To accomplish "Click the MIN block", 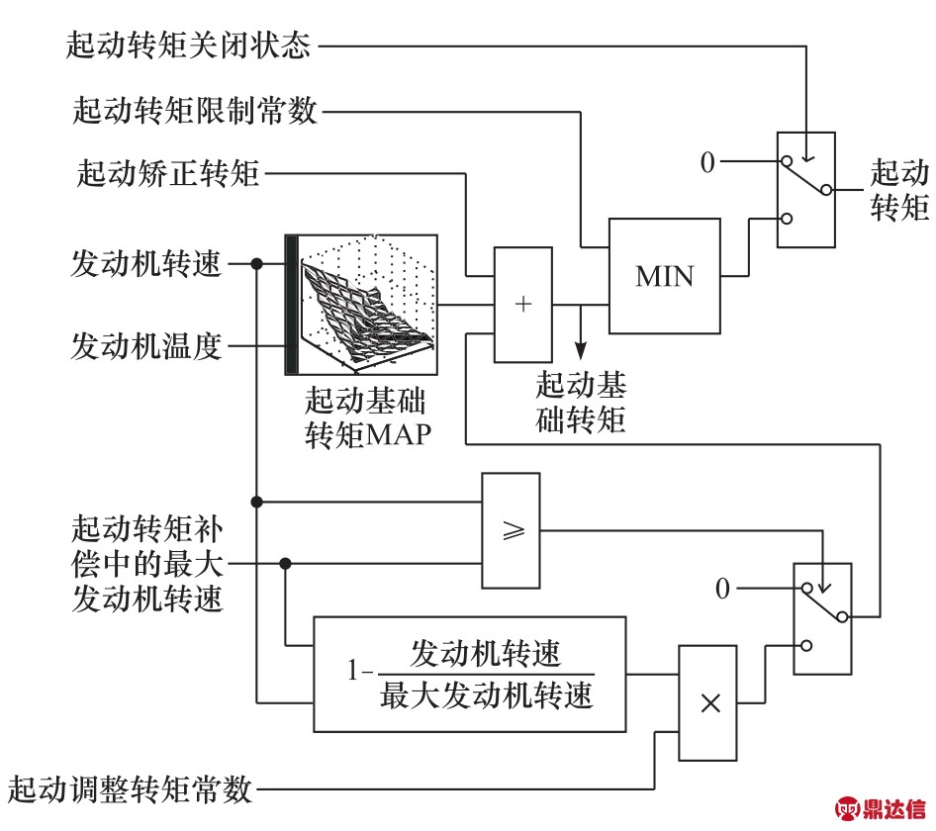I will pos(665,275).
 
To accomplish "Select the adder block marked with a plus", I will pos(524,304).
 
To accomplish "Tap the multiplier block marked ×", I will pos(707,702).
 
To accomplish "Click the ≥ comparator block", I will pos(512,530).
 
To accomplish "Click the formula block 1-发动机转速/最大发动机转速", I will pos(470,674).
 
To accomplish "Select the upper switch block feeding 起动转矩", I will pos(805,190).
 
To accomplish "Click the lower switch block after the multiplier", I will pos(822,619).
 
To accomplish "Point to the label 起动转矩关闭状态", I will pos(189,45).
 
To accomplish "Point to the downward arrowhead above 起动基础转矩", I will pos(581,349).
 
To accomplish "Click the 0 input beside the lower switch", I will pos(722,590).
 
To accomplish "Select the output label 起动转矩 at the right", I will pos(898,191).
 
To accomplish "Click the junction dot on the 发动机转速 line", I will pos(257,264).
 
